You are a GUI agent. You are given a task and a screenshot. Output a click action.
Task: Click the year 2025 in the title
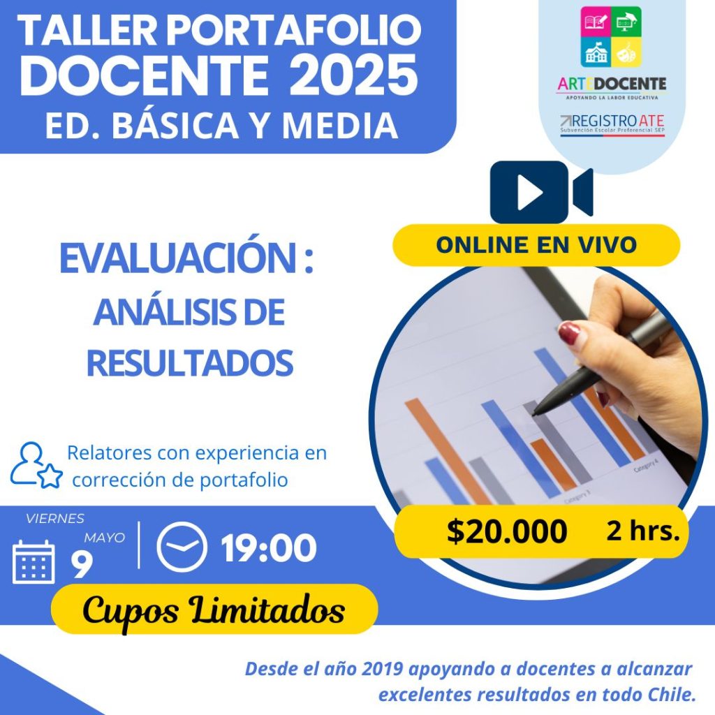[x=353, y=75]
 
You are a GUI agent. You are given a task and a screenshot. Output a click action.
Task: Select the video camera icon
[x=541, y=192]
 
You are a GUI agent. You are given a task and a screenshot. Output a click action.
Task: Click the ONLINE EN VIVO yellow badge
[x=536, y=245]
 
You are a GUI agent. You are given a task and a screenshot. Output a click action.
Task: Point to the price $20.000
[x=507, y=531]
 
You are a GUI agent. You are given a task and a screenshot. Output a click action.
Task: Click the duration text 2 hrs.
[x=643, y=531]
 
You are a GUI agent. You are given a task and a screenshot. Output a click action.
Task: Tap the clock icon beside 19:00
[x=182, y=547]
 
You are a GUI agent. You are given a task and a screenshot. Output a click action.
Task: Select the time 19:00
[x=269, y=547]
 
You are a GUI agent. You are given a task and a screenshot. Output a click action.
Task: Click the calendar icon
[x=34, y=562]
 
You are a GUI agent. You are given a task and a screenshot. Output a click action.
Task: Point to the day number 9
[x=82, y=565]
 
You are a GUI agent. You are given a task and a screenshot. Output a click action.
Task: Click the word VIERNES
[x=55, y=519]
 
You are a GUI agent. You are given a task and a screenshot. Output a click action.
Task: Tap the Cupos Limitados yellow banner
[x=214, y=609]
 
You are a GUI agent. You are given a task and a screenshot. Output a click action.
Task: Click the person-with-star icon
[x=36, y=465]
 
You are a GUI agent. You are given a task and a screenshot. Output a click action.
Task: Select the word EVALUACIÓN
[x=179, y=258]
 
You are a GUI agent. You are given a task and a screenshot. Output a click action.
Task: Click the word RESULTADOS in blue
[x=190, y=363]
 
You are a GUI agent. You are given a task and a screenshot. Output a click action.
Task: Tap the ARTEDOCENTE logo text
[x=612, y=84]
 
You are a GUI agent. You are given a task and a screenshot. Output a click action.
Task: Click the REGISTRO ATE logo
[x=612, y=124]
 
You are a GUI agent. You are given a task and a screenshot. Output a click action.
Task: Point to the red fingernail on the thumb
[x=569, y=332]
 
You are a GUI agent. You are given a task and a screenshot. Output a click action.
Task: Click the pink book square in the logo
[x=596, y=22]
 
